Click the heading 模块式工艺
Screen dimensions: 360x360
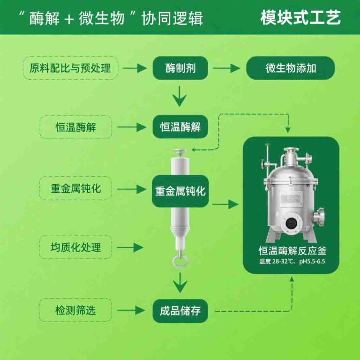point(300,17)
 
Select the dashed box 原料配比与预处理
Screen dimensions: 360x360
point(70,68)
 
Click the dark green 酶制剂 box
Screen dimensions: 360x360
point(180,68)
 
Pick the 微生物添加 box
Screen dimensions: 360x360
point(291,68)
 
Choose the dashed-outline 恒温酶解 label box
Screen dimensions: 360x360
point(75,127)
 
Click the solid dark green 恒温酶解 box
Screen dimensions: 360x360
point(180,127)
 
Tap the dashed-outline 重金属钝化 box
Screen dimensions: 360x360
point(75,188)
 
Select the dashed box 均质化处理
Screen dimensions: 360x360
point(75,247)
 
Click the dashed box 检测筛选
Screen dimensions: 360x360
point(75,310)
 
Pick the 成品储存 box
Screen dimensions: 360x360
point(180,310)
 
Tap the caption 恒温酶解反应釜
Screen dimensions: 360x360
point(291,251)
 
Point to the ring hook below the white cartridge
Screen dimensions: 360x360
point(179,260)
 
